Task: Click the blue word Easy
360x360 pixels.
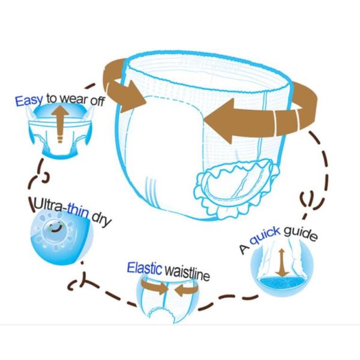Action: click(x=29, y=100)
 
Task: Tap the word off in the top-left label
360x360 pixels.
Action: click(x=97, y=101)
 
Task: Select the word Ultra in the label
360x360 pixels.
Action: click(x=48, y=205)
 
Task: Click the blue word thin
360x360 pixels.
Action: click(x=78, y=211)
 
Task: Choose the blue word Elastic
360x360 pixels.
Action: click(x=145, y=268)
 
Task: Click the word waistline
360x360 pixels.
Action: click(x=187, y=273)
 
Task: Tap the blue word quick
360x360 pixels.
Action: click(x=265, y=236)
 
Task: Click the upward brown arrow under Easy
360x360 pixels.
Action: click(x=60, y=124)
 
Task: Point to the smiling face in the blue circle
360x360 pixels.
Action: click(x=55, y=227)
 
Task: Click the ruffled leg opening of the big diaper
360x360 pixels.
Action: click(x=236, y=188)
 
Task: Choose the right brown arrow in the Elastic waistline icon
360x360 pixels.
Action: click(x=186, y=290)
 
